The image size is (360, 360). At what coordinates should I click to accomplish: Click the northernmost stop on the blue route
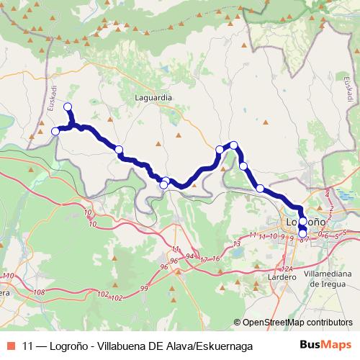click(68, 107)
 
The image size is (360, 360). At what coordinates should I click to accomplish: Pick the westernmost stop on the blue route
click(55, 131)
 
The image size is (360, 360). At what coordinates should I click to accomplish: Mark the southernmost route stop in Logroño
click(303, 233)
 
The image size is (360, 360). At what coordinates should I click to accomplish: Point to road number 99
click(144, 288)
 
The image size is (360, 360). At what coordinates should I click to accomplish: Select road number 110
click(8, 276)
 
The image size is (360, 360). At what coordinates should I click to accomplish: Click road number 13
click(236, 244)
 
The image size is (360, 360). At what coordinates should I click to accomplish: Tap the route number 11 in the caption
click(28, 346)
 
